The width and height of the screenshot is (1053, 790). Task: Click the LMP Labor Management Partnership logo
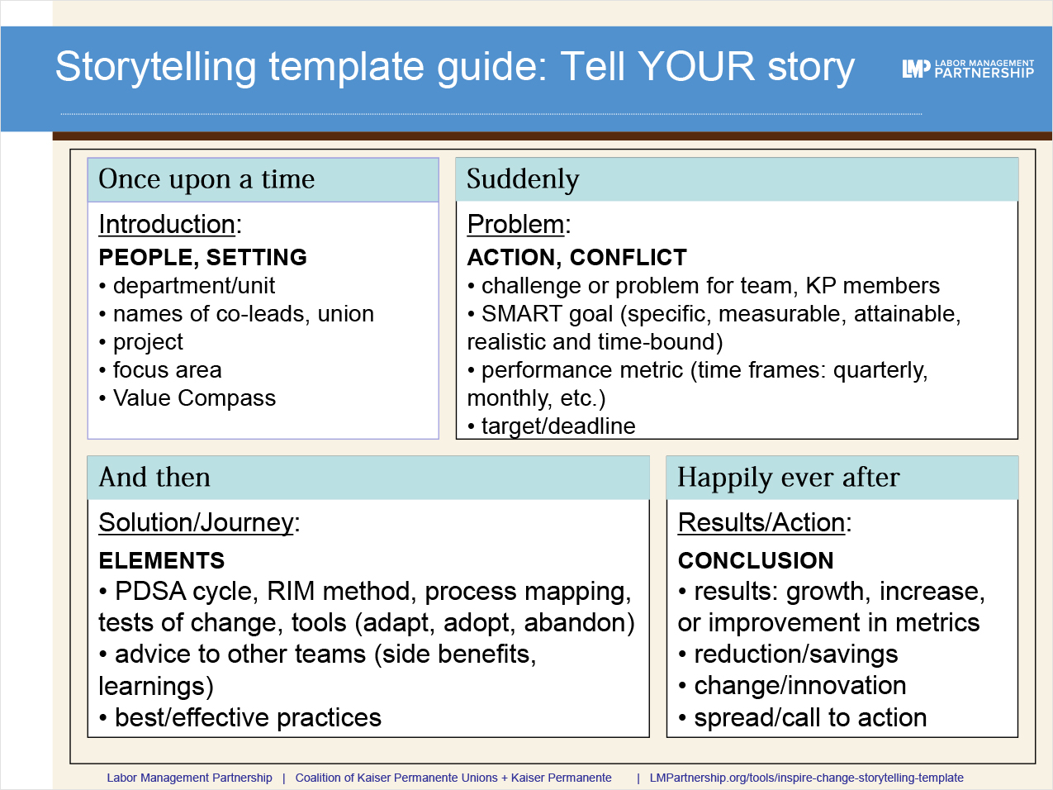click(x=967, y=69)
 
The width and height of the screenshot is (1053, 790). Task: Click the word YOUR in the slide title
click(x=696, y=67)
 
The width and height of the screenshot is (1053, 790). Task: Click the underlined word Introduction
click(x=167, y=224)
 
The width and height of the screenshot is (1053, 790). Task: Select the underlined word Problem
click(x=515, y=224)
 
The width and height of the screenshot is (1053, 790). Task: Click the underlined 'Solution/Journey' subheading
click(x=196, y=522)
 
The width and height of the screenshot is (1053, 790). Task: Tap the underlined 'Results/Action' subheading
click(x=761, y=522)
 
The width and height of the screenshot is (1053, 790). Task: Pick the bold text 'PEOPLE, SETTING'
click(x=202, y=258)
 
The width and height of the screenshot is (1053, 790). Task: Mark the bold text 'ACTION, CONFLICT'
click(x=576, y=258)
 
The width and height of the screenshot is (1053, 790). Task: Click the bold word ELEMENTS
click(x=161, y=561)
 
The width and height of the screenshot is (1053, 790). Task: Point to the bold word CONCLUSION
click(x=756, y=561)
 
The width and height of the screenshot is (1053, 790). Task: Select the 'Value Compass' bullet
click(x=194, y=398)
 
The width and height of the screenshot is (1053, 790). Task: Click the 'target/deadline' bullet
click(x=557, y=426)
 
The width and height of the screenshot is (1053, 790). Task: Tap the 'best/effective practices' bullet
click(x=248, y=718)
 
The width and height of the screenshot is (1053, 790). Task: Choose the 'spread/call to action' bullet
click(x=809, y=718)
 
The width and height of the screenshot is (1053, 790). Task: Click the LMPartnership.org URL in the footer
click(x=806, y=778)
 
